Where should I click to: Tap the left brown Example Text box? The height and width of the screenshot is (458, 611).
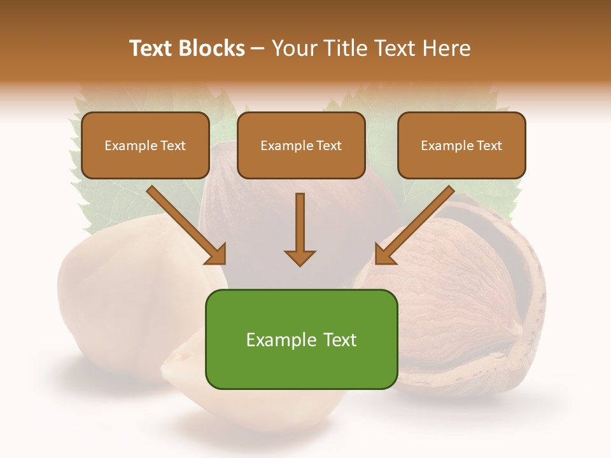(x=145, y=145)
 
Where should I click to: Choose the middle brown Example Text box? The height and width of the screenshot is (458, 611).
(x=301, y=145)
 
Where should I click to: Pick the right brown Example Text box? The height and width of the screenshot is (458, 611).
(x=461, y=145)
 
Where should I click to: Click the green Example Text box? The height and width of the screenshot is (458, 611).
(x=301, y=339)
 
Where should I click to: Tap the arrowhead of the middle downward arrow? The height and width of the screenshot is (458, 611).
(x=300, y=257)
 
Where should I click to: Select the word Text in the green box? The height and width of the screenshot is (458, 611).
(x=335, y=340)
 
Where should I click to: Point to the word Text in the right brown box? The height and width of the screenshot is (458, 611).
(x=489, y=146)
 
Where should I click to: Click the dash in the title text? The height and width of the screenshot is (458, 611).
(x=258, y=48)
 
